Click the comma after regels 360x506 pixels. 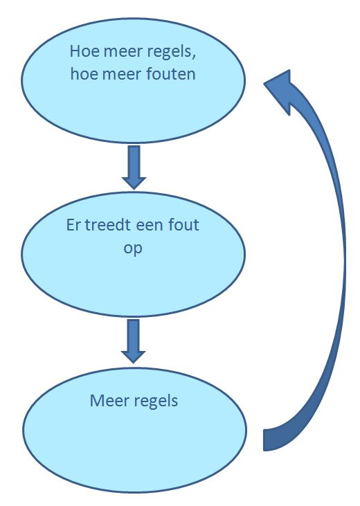point(193,57)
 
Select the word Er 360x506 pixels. point(73,225)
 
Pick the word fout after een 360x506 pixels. point(183,224)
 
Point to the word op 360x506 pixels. point(133,249)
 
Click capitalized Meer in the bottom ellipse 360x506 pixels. point(109,401)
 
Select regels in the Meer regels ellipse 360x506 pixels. point(156,402)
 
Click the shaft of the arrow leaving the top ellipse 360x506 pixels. point(134,161)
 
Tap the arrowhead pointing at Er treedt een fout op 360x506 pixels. point(134,183)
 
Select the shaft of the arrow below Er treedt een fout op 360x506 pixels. point(134,335)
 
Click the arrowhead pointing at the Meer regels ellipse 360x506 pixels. point(134,357)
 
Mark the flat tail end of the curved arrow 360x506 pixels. point(264,440)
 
